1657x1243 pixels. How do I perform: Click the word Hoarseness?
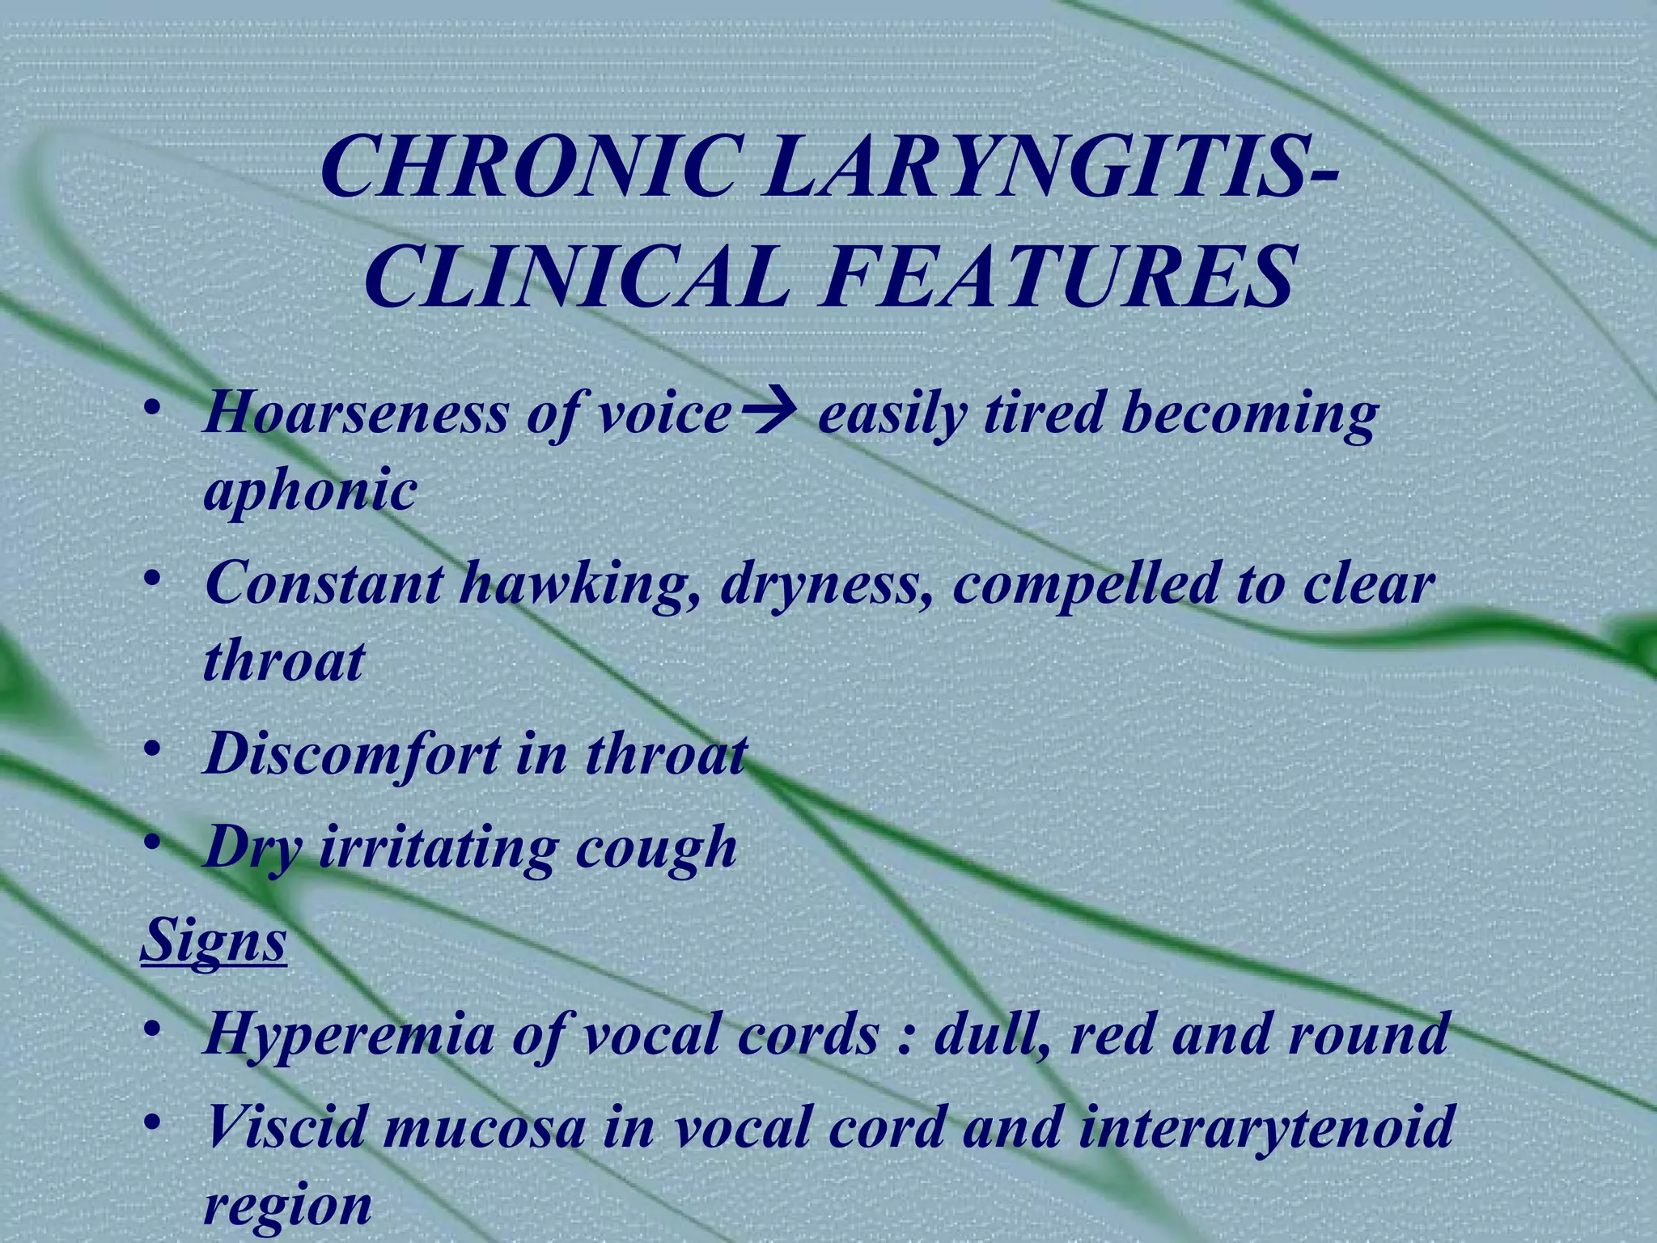[357, 414]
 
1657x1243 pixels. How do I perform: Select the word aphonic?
[310, 490]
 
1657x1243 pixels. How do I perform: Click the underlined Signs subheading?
[214, 941]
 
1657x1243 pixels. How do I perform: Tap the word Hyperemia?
[348, 1035]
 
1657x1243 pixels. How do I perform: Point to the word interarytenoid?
[1266, 1128]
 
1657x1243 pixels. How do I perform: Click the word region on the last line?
[287, 1206]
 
